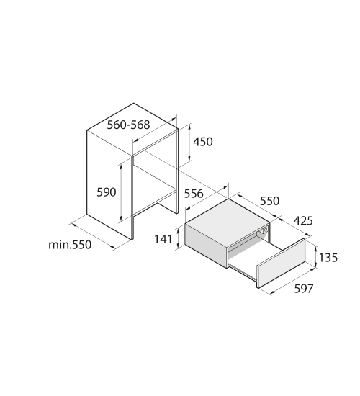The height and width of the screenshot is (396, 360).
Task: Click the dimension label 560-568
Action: click(128, 125)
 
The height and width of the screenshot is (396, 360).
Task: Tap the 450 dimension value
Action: click(203, 142)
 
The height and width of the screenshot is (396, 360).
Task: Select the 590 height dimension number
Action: click(107, 192)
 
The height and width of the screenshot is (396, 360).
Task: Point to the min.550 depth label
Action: click(70, 245)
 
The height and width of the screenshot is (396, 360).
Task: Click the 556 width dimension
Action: click(194, 194)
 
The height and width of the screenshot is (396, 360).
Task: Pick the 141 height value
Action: click(163, 239)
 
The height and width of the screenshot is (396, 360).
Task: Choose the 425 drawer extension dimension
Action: click(303, 221)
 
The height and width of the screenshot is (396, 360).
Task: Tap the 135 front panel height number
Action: click(328, 258)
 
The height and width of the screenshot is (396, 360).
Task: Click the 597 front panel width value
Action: click(304, 289)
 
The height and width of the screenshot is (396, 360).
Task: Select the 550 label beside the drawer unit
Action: click(270, 201)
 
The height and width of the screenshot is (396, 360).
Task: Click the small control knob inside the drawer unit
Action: click(265, 230)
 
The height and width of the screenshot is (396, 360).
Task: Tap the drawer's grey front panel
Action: click(281, 263)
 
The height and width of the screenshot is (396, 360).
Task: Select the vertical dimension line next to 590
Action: click(121, 192)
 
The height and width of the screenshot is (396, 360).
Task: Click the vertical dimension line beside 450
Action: click(189, 143)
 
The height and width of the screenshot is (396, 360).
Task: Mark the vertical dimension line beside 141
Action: click(178, 238)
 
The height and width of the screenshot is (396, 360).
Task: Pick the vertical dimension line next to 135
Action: click(315, 256)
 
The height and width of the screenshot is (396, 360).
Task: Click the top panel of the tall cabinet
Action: click(132, 129)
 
